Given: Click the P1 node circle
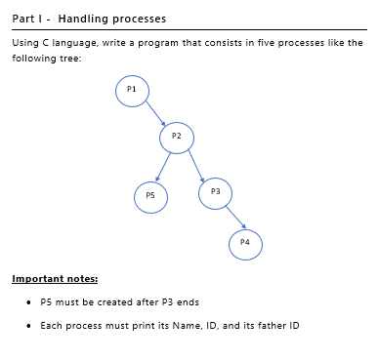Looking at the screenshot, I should [x=132, y=91].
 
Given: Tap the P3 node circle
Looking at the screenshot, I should [x=215, y=194].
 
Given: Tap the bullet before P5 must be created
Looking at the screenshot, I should [x=30, y=302].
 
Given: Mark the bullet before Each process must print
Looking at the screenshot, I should [x=30, y=325].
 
